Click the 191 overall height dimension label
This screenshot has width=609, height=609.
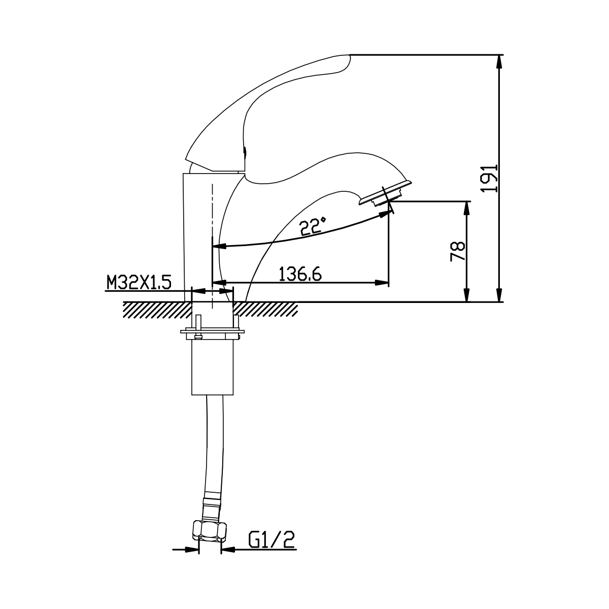coord(489,179)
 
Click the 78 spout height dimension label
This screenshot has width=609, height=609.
coord(458,251)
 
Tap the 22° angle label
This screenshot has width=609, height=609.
coord(313,226)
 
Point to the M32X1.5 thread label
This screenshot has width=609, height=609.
coord(139,282)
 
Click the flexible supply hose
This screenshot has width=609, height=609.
coord(215,443)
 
